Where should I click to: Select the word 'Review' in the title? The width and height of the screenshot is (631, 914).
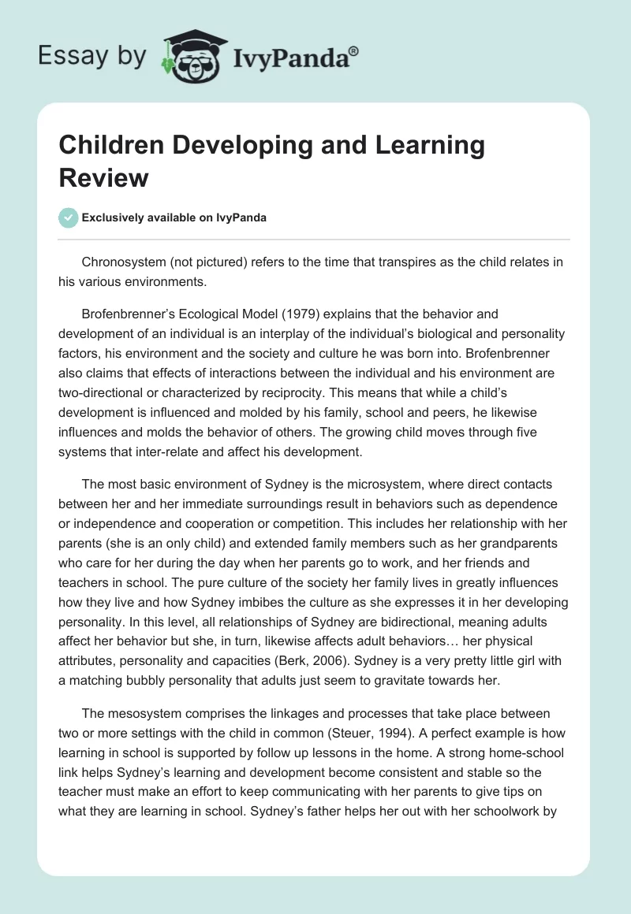click(103, 177)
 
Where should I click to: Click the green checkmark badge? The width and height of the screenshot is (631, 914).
click(69, 217)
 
